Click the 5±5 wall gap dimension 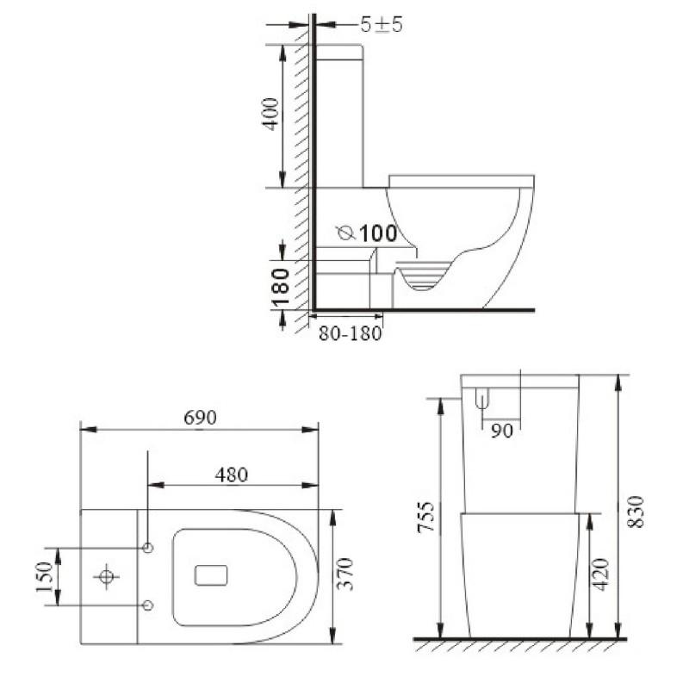[382, 24]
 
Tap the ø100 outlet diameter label [367, 233]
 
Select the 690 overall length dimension [199, 417]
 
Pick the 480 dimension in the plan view [231, 474]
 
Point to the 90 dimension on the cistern [501, 431]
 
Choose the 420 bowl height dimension [602, 574]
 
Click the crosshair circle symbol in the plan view [106, 576]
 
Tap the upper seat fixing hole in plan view [147, 548]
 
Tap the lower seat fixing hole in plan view [147, 605]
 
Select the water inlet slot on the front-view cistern [482, 398]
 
